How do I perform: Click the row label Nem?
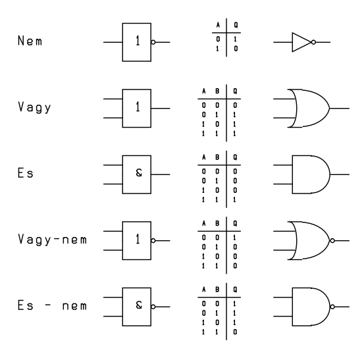coord(30,41)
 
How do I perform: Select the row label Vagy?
coord(34,108)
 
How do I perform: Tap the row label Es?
coord(26,173)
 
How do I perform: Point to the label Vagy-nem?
coord(53,240)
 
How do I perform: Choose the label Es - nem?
coord(53,305)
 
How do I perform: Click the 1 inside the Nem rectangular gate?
coord(138,41)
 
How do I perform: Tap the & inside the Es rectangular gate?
coord(139,172)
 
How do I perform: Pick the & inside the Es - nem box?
coord(139,305)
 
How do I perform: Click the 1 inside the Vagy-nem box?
coord(138,239)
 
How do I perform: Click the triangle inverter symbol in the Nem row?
coord(301,42)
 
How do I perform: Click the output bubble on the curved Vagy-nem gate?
coord(332,241)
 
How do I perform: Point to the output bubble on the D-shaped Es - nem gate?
coord(332,307)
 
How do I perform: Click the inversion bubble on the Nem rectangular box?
coord(153,42)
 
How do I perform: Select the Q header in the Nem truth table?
coord(236,25)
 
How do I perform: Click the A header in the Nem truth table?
coord(218,25)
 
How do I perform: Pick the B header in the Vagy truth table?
coord(217,91)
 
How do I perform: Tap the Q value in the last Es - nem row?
coord(235,332)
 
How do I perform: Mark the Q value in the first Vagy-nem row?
coord(235,238)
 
